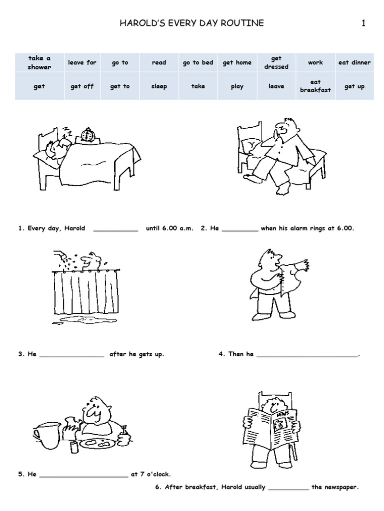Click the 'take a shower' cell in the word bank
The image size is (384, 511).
(x=39, y=62)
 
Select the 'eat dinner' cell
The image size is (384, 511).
(x=354, y=62)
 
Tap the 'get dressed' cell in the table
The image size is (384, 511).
(x=276, y=62)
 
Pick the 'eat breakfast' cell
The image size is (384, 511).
(x=315, y=86)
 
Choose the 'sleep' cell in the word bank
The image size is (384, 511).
(x=158, y=86)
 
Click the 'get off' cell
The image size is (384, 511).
(x=82, y=86)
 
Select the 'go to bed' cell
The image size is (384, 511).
(x=197, y=62)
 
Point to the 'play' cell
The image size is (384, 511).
(x=237, y=86)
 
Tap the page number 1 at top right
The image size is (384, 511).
(x=363, y=23)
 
